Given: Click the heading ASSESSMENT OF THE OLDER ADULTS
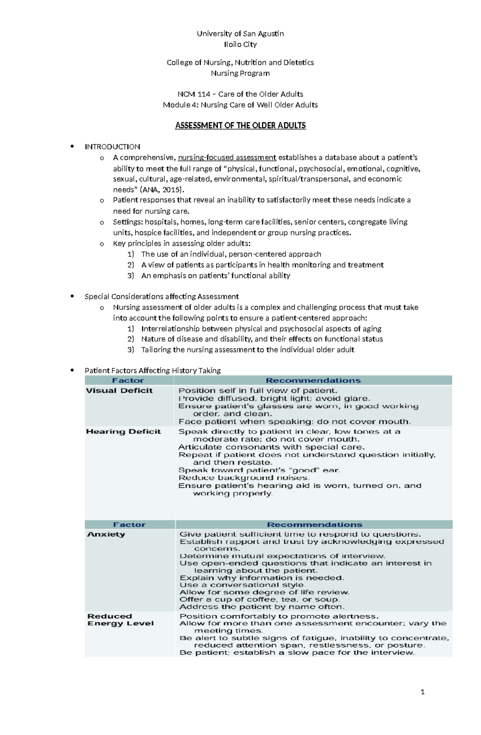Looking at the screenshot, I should point(240,126).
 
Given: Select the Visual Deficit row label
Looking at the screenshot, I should point(119,391).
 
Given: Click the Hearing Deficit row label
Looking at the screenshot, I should point(123,431).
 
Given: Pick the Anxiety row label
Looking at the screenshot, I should point(106,534).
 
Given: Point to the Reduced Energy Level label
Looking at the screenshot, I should point(120,620).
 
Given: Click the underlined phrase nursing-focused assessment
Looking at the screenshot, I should point(227,157).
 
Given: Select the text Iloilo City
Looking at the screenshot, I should point(240,44).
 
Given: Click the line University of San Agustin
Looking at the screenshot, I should point(240,34).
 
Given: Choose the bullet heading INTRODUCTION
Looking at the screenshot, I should point(112,147).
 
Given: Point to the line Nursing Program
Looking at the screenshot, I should point(240,73).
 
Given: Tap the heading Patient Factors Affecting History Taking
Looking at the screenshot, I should point(152,371).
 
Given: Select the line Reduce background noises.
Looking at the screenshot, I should point(244,478).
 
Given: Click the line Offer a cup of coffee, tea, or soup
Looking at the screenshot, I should point(259,599).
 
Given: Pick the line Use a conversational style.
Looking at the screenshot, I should point(243,585).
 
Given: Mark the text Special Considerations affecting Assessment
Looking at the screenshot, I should point(162,296).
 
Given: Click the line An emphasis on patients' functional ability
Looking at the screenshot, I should point(215,276).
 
